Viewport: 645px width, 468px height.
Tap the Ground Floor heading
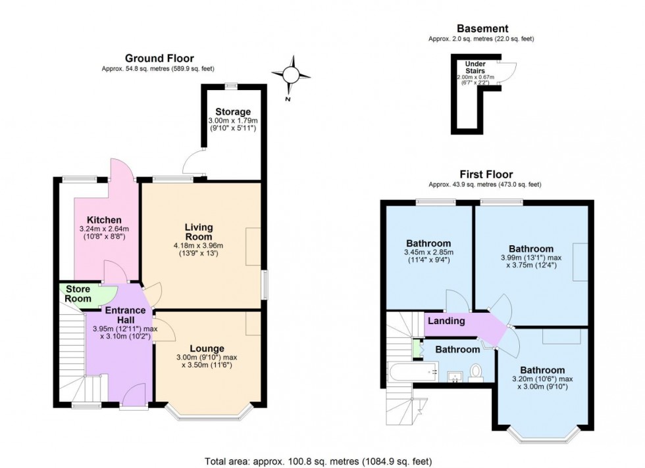pyautogui.click(x=159, y=59)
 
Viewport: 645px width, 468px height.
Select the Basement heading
pyautogui.click(x=482, y=29)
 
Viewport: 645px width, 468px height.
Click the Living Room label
pyautogui.click(x=198, y=231)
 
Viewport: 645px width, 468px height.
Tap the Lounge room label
pyautogui.click(x=207, y=348)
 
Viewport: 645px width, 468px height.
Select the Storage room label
pyautogui.click(x=232, y=112)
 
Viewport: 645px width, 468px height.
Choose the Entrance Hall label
pyautogui.click(x=120, y=314)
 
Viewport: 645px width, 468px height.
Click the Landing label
pyautogui.click(x=446, y=321)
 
